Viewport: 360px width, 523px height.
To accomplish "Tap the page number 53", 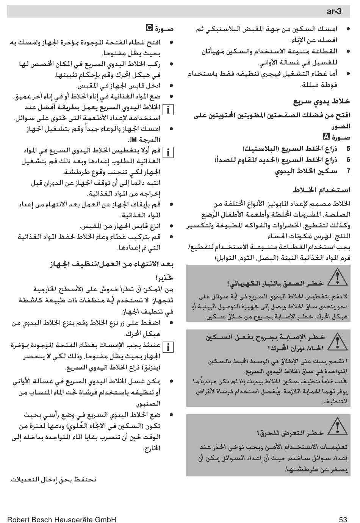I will (343, 519).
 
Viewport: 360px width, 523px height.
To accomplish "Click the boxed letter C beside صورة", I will (150, 28).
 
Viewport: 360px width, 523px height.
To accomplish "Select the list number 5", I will (348, 149).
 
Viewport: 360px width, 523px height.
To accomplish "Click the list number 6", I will (348, 160).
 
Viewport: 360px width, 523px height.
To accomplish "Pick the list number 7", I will (348, 171).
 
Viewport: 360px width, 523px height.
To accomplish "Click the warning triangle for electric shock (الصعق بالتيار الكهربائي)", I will (337, 278).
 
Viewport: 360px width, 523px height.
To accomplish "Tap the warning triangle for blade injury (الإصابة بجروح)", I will (337, 342).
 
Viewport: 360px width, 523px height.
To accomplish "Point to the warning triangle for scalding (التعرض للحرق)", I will (337, 426).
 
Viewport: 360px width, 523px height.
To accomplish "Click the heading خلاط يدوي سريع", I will (322, 101).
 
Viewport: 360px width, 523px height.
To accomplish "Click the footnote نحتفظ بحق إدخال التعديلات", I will (53, 479).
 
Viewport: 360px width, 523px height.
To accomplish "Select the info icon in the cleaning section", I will (167, 347).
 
